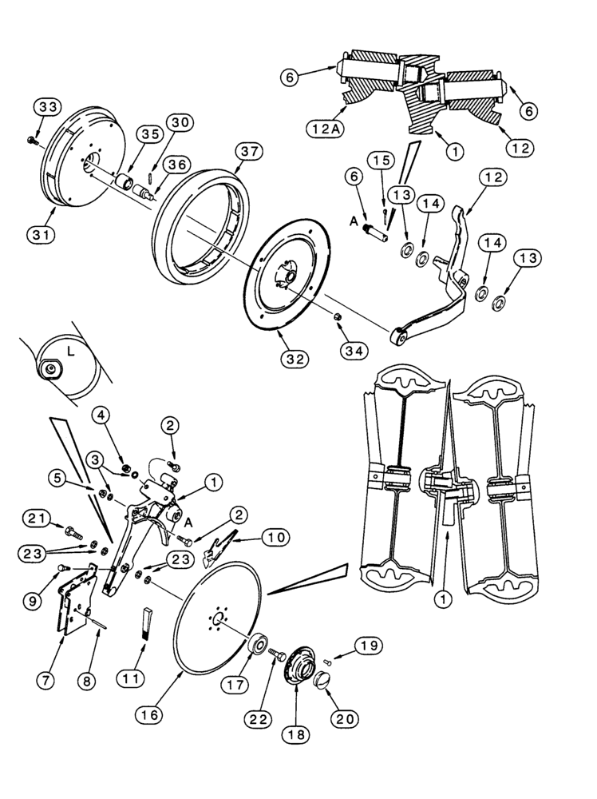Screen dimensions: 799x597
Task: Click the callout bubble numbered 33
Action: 47,107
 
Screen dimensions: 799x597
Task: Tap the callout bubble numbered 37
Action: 248,152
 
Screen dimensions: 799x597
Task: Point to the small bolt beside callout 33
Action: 33,141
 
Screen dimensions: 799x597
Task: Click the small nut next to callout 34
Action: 338,319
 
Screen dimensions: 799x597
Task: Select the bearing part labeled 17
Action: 258,644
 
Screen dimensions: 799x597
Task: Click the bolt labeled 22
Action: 278,654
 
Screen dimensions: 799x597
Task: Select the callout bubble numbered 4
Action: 101,415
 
